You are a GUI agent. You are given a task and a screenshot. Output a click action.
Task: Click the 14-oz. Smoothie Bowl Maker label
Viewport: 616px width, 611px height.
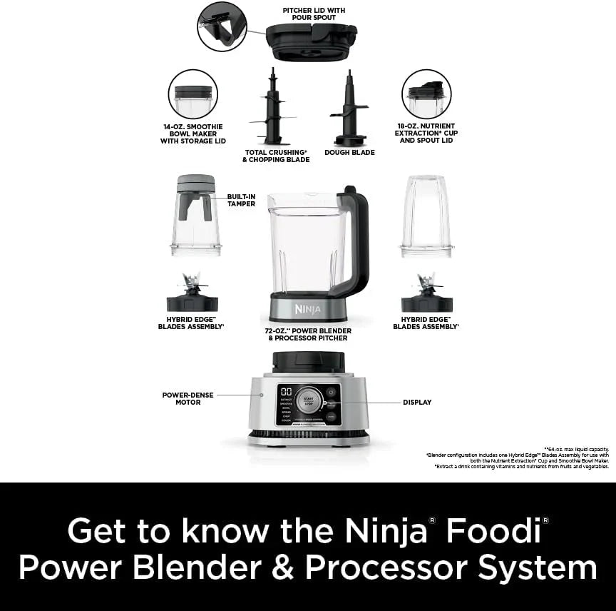click(x=193, y=133)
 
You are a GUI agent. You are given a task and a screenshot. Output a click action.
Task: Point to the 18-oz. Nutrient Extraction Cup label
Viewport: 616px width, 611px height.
click(x=426, y=133)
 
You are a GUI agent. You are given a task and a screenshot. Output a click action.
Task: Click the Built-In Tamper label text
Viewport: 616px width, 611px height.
click(x=241, y=200)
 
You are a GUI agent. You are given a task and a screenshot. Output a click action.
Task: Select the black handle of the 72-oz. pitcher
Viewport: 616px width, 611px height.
click(x=359, y=239)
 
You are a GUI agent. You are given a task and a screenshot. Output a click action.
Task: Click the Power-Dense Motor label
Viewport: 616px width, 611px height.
click(x=188, y=398)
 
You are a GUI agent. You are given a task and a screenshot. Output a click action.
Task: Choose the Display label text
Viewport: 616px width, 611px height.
click(x=417, y=403)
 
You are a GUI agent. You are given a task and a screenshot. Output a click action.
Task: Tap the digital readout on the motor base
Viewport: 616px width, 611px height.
click(x=285, y=393)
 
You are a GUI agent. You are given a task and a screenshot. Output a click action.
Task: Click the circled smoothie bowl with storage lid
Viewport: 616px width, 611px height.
click(x=193, y=94)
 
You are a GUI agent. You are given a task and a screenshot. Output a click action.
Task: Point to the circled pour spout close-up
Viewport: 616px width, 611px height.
click(x=222, y=26)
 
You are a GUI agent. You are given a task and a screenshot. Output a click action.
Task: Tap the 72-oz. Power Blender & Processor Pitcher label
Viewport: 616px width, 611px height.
click(x=308, y=334)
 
